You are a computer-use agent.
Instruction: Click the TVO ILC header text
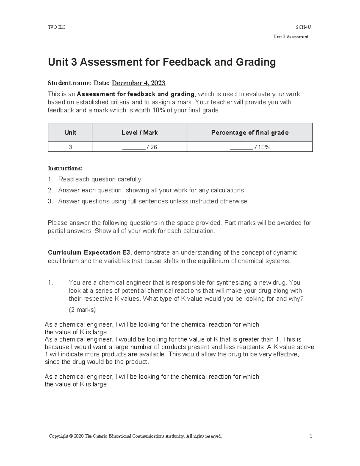57,27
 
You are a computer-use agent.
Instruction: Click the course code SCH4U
303,27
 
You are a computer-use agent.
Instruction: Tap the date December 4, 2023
138,83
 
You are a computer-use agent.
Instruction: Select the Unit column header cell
70,133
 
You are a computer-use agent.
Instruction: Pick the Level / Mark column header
139,133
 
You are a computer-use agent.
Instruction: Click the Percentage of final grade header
250,133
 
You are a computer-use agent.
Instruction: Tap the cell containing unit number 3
70,147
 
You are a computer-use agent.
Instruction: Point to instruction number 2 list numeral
50,190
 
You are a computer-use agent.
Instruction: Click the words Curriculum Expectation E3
89,253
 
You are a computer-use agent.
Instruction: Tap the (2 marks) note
82,310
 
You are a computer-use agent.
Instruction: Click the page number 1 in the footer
311,436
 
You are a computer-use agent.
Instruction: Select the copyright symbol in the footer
71,436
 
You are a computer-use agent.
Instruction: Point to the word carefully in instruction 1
130,179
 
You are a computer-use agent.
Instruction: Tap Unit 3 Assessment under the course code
291,37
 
